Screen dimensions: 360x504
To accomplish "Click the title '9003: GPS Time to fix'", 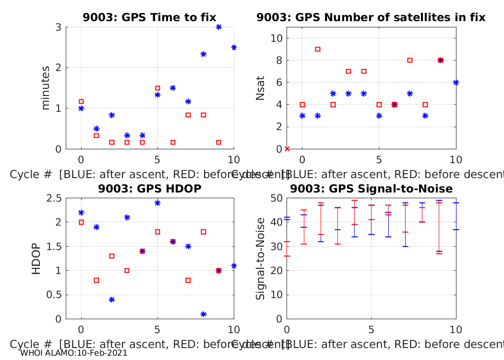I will pos(149,18).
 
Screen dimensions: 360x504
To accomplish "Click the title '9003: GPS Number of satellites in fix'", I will pos(371,18).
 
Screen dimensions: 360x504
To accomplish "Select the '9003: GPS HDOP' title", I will pos(149,189).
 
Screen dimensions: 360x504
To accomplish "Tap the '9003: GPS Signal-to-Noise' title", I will pos(371,189).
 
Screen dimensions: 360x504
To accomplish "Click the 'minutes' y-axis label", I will pos(46,88).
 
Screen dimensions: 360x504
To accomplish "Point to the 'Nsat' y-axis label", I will pos(260,88).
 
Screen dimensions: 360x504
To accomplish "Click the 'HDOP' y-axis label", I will pos(36,258).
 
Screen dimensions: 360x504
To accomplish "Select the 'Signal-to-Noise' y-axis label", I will pos(260,258).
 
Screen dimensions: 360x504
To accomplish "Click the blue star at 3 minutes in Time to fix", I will pos(218,27).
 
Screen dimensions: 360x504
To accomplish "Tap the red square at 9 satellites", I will pos(317,49).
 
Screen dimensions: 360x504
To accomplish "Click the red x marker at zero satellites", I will pos(287,149).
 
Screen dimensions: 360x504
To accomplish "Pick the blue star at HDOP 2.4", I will pos(157,203).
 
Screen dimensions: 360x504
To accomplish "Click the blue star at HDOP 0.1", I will pos(203,314).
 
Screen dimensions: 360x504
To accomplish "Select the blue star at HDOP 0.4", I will pos(111,300).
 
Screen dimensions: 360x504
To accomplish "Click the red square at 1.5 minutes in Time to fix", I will pos(157,88).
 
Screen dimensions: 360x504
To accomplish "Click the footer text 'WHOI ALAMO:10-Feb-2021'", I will pos(74,353).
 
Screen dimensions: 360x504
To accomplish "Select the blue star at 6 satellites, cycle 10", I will pos(456,83).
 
